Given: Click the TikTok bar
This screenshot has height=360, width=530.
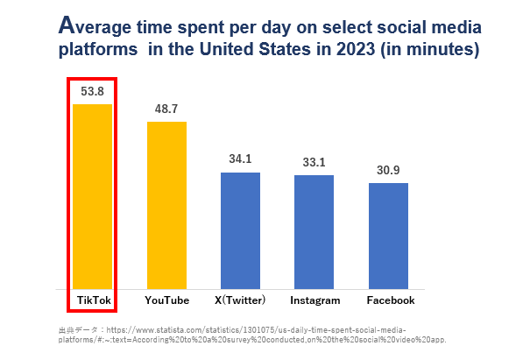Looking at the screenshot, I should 93,195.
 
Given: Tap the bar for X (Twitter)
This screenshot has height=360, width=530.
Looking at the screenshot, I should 240,229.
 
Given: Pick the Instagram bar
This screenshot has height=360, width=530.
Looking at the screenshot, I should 314,231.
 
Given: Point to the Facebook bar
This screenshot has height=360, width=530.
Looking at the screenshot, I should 388,235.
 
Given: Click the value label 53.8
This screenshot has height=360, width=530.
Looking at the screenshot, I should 93,91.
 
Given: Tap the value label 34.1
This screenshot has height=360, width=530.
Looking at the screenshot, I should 240,159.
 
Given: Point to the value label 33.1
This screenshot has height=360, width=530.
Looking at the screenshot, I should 314,162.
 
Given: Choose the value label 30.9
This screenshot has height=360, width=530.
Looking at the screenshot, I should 388,169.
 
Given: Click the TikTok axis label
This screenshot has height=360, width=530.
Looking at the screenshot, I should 93,300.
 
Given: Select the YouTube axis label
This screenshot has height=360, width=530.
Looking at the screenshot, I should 166,300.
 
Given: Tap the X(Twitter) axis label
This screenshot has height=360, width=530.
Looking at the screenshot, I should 240,300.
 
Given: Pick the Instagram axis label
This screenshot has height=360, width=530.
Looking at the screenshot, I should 314,300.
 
